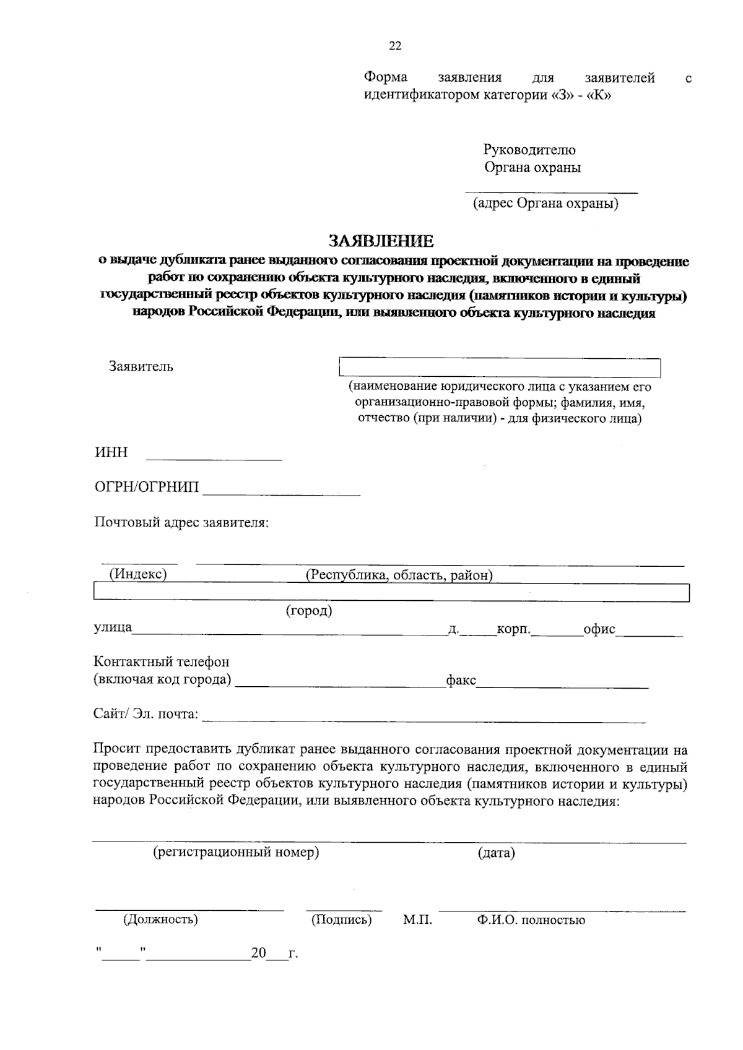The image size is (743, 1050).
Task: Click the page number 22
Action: click(x=395, y=46)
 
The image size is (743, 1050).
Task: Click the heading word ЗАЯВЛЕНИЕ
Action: click(x=381, y=241)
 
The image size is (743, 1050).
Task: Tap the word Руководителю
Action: click(x=529, y=150)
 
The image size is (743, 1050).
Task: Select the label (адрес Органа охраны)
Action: click(x=545, y=204)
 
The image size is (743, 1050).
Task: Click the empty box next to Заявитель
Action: click(x=500, y=368)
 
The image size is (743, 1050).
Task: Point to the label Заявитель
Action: click(x=141, y=366)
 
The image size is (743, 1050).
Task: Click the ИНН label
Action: click(x=111, y=452)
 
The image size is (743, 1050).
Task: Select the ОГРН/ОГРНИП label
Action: click(x=147, y=488)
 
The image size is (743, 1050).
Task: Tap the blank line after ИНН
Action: click(x=214, y=458)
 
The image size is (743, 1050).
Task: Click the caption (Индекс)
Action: click(x=138, y=574)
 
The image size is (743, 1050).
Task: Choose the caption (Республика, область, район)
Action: click(x=399, y=575)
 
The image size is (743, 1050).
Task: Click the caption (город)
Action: click(x=309, y=611)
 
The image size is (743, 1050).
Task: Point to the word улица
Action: click(x=112, y=627)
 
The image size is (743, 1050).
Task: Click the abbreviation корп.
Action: click(x=514, y=629)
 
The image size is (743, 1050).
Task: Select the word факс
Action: click(x=461, y=681)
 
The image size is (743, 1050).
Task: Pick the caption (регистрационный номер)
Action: click(x=236, y=853)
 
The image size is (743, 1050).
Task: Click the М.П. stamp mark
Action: click(x=417, y=920)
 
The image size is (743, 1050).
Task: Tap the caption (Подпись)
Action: click(x=341, y=919)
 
